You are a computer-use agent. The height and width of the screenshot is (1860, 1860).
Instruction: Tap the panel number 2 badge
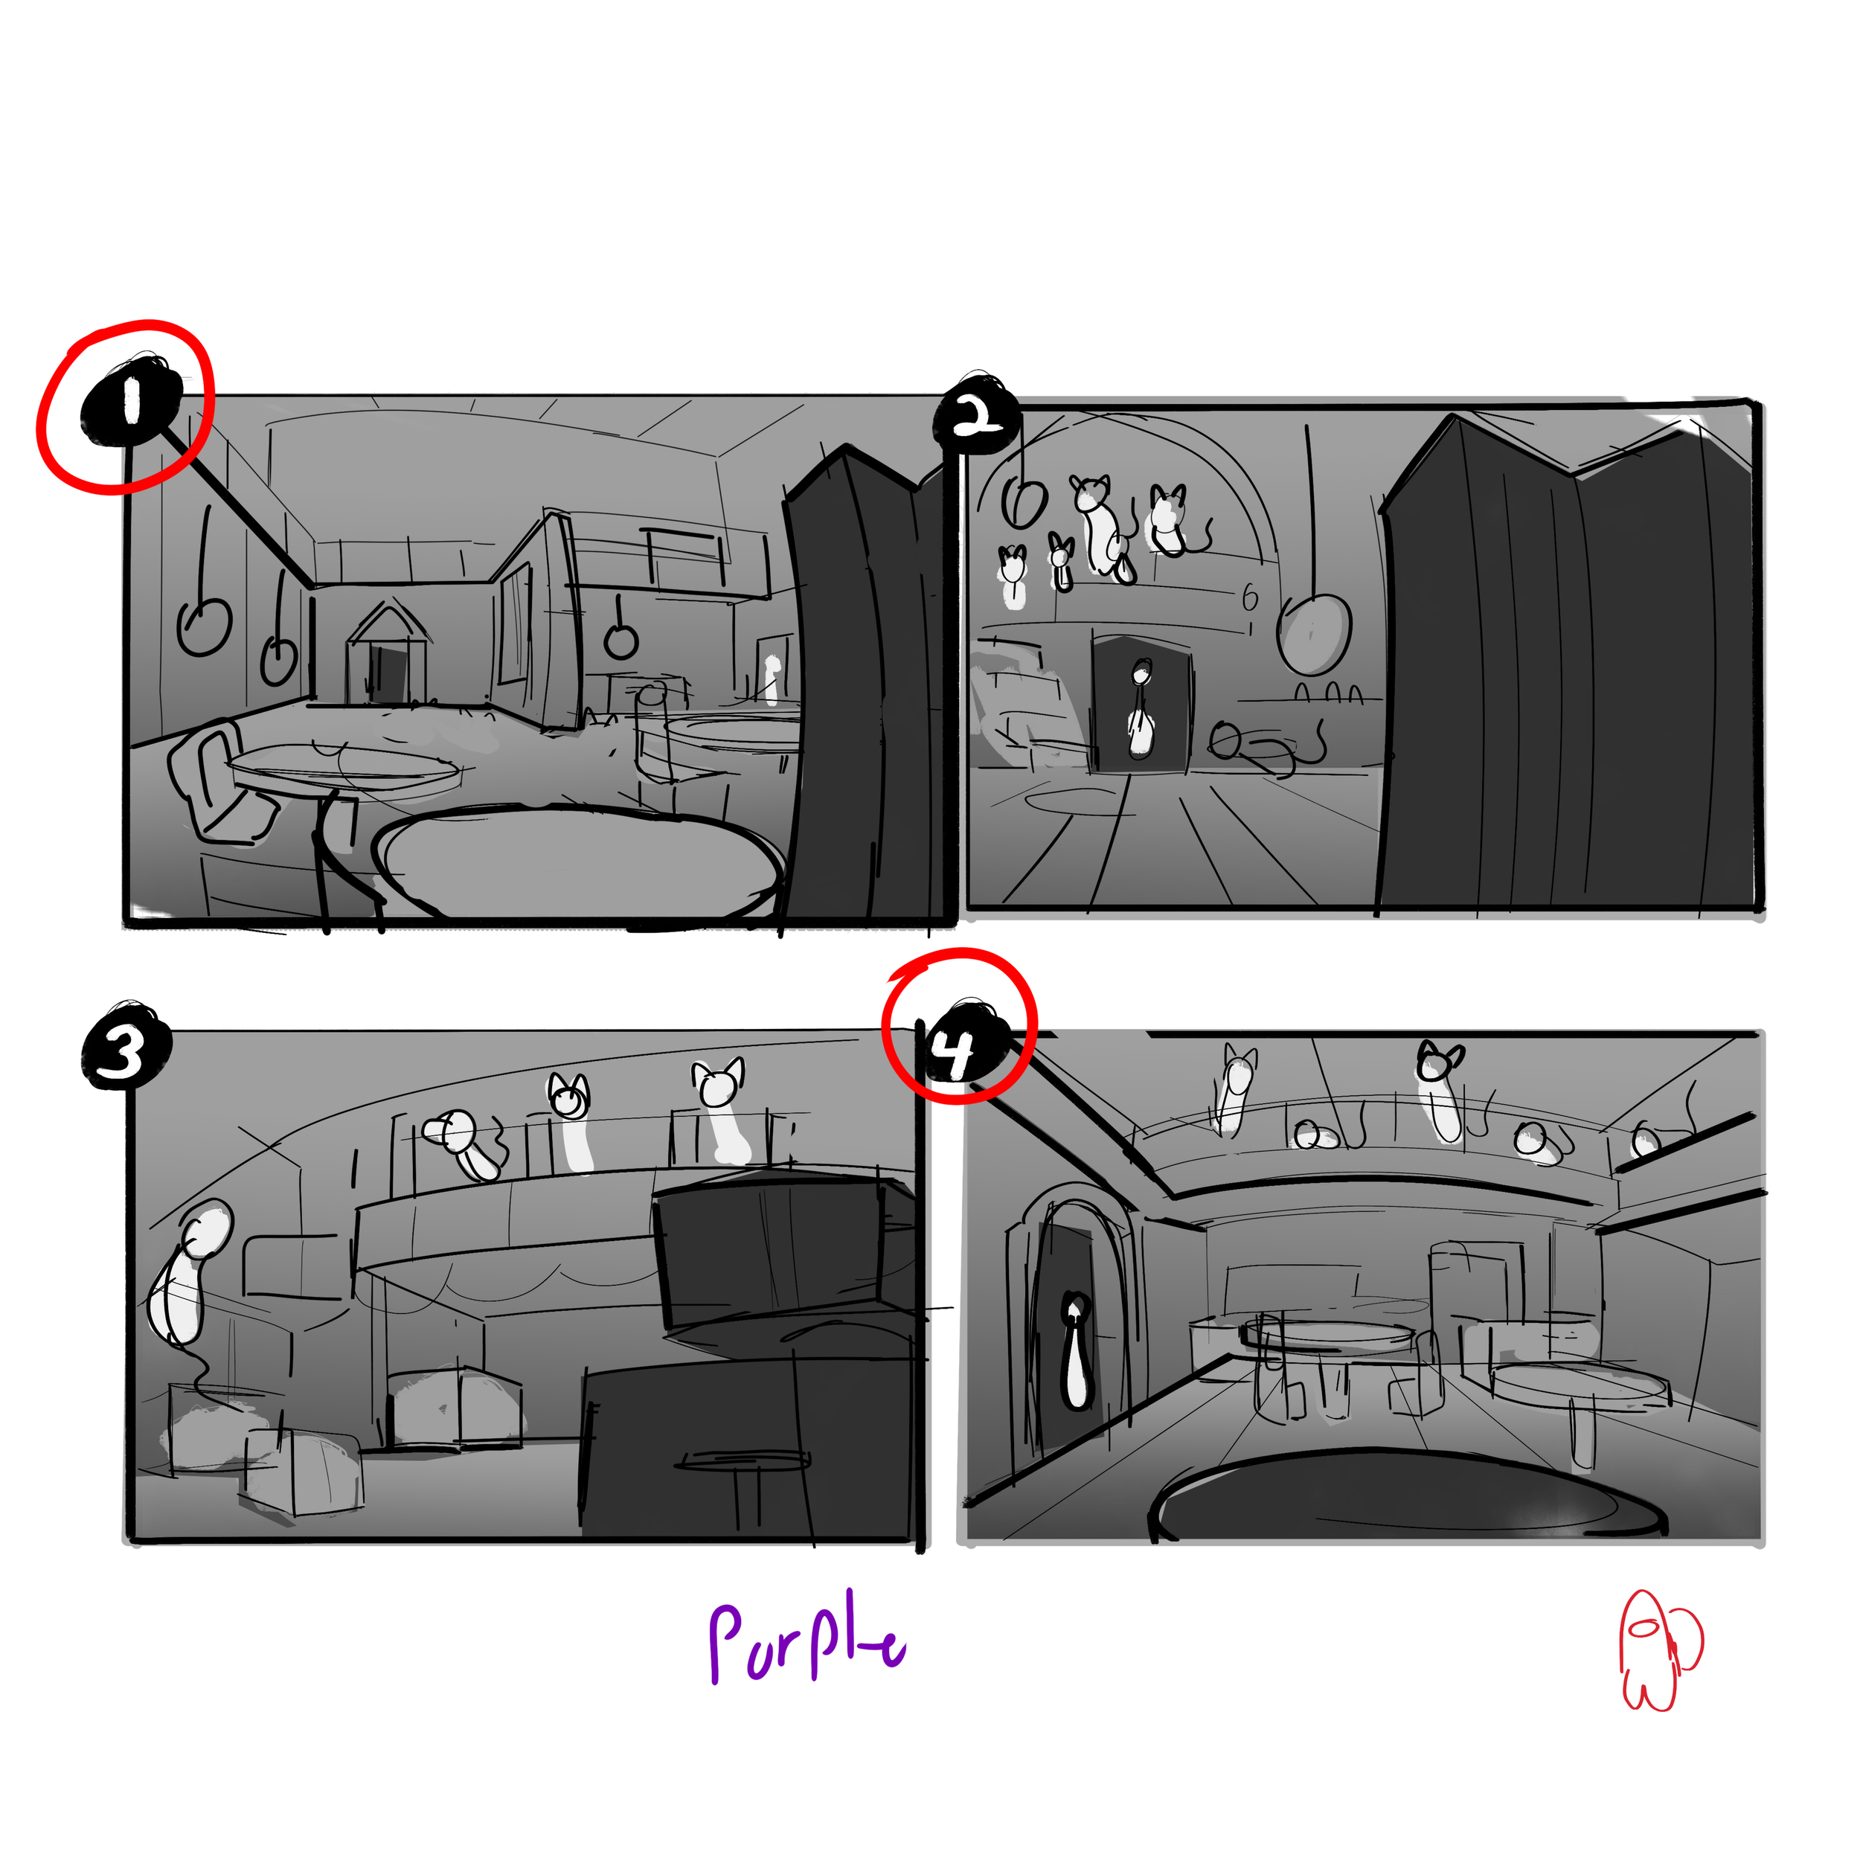click(x=977, y=417)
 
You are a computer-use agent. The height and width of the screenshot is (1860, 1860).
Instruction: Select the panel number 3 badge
click(x=124, y=1051)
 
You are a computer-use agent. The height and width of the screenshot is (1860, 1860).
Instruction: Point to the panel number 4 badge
click(x=959, y=1051)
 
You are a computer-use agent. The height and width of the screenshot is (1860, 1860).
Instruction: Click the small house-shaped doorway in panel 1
click(x=388, y=655)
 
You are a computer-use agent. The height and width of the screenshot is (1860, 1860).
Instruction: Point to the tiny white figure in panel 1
click(x=771, y=679)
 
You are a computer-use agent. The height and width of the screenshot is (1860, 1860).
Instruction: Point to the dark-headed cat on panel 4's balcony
click(x=1440, y=1093)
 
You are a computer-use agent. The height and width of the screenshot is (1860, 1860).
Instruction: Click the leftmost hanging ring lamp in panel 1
click(x=203, y=626)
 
